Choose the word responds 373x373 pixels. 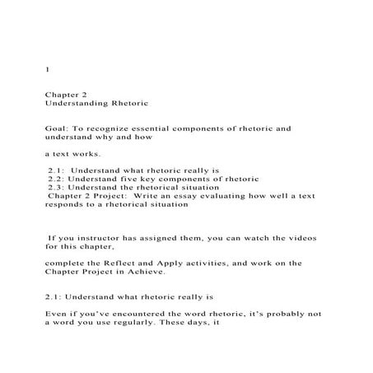coord(66,205)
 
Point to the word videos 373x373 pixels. coord(301,237)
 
